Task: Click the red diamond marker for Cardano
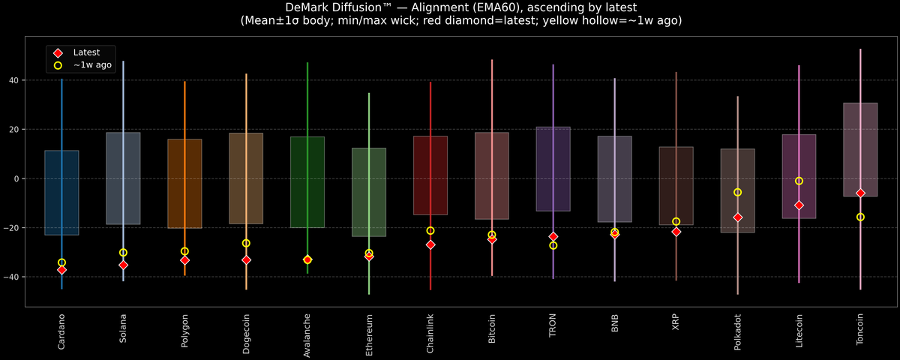coord(61,270)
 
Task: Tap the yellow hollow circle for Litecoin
coord(799,181)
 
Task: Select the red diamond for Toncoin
coord(860,193)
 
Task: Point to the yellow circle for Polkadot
coord(737,193)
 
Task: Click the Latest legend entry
coord(85,52)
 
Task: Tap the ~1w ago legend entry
coord(92,65)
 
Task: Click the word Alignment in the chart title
coord(370,7)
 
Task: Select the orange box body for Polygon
coord(184,184)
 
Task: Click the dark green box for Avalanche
coord(307,181)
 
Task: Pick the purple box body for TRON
coord(553,169)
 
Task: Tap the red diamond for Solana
coord(123,265)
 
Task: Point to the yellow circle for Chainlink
coord(430,231)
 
